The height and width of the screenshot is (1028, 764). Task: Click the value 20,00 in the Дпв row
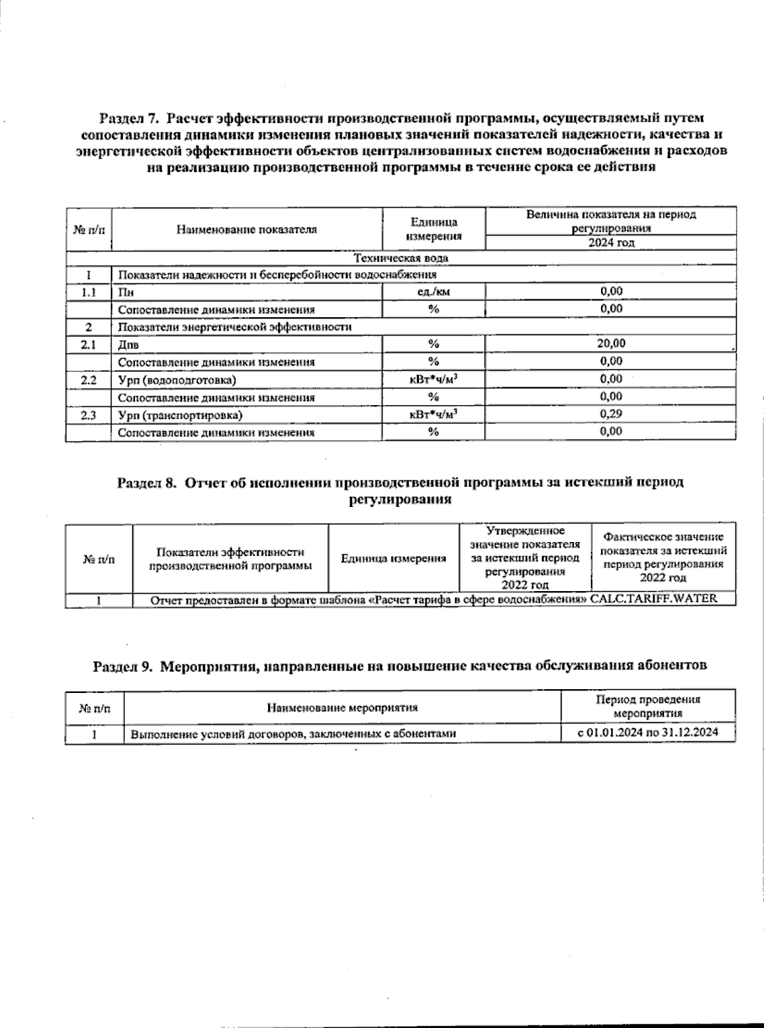point(611,344)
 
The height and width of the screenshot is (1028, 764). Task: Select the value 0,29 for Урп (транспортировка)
point(611,414)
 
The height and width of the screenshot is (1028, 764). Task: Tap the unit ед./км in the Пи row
point(433,292)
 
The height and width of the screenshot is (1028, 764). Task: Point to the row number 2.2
point(88,380)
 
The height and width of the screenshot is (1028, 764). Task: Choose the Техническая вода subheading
point(400,258)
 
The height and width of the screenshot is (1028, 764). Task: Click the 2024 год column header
point(611,243)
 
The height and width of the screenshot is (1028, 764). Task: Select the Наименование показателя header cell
point(246,229)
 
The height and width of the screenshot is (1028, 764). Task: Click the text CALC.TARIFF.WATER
point(654,599)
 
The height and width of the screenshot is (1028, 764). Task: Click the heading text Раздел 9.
point(124,666)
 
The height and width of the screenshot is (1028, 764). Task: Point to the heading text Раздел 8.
point(146,483)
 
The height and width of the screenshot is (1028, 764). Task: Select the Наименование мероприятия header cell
point(343,708)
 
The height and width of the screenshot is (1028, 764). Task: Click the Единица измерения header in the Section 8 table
point(393,559)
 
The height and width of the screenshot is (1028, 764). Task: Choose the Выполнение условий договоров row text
point(294,734)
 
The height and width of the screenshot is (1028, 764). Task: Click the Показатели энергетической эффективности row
point(235,327)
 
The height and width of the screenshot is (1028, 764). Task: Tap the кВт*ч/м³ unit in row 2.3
point(433,415)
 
